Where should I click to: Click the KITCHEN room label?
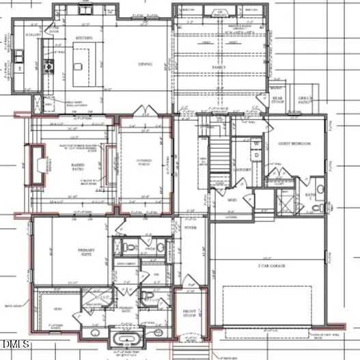click(x=84, y=38)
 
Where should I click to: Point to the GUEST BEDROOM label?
click(x=294, y=144)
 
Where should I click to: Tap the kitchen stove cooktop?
click(x=47, y=66)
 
